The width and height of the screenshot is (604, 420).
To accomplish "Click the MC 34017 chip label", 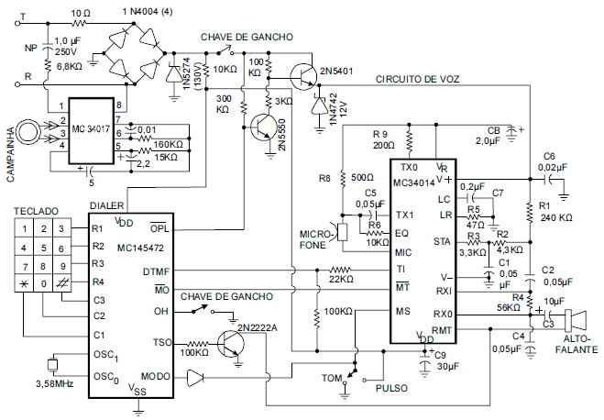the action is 91,128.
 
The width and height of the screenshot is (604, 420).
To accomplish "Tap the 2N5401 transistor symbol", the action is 304,77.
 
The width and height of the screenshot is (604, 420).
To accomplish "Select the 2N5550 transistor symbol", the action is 263,127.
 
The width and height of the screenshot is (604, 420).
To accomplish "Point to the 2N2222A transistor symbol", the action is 230,343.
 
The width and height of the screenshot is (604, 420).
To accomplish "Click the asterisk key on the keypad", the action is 24,284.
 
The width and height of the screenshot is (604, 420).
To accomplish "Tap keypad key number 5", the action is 43,248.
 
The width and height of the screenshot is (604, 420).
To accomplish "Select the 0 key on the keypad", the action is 43,284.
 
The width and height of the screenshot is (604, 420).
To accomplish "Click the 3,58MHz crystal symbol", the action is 52,364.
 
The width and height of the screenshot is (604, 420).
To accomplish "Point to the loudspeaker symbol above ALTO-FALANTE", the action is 576,321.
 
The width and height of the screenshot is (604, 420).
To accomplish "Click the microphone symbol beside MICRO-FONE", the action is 340,232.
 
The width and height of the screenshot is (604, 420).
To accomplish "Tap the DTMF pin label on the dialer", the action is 156,271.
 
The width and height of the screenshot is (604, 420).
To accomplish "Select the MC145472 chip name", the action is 140,248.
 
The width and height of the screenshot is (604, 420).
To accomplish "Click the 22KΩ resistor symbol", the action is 341,270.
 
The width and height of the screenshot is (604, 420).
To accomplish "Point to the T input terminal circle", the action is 16,24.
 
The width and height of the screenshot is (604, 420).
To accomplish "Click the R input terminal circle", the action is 16,84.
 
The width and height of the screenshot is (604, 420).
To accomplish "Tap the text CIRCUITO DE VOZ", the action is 418,80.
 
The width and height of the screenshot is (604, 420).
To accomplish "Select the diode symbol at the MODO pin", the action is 195,377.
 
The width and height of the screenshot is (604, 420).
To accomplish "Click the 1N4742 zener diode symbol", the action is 319,105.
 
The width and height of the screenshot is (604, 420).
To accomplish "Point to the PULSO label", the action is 391,388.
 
